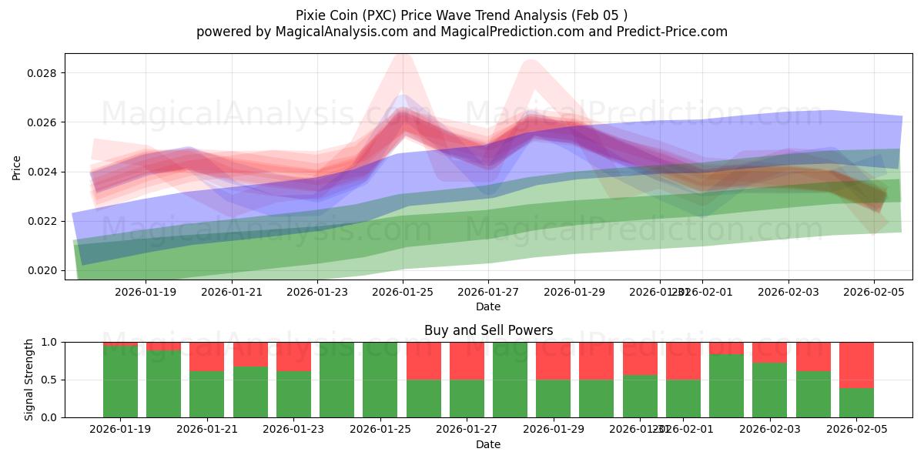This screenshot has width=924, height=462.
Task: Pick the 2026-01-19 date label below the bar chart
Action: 120,430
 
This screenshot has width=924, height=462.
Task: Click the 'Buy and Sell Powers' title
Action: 488,330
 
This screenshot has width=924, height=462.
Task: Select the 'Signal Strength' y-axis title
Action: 28,380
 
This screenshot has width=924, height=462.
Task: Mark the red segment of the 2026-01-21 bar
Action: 206,356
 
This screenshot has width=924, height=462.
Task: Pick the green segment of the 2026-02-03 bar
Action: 769,390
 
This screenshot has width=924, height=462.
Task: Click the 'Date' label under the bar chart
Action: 488,444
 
